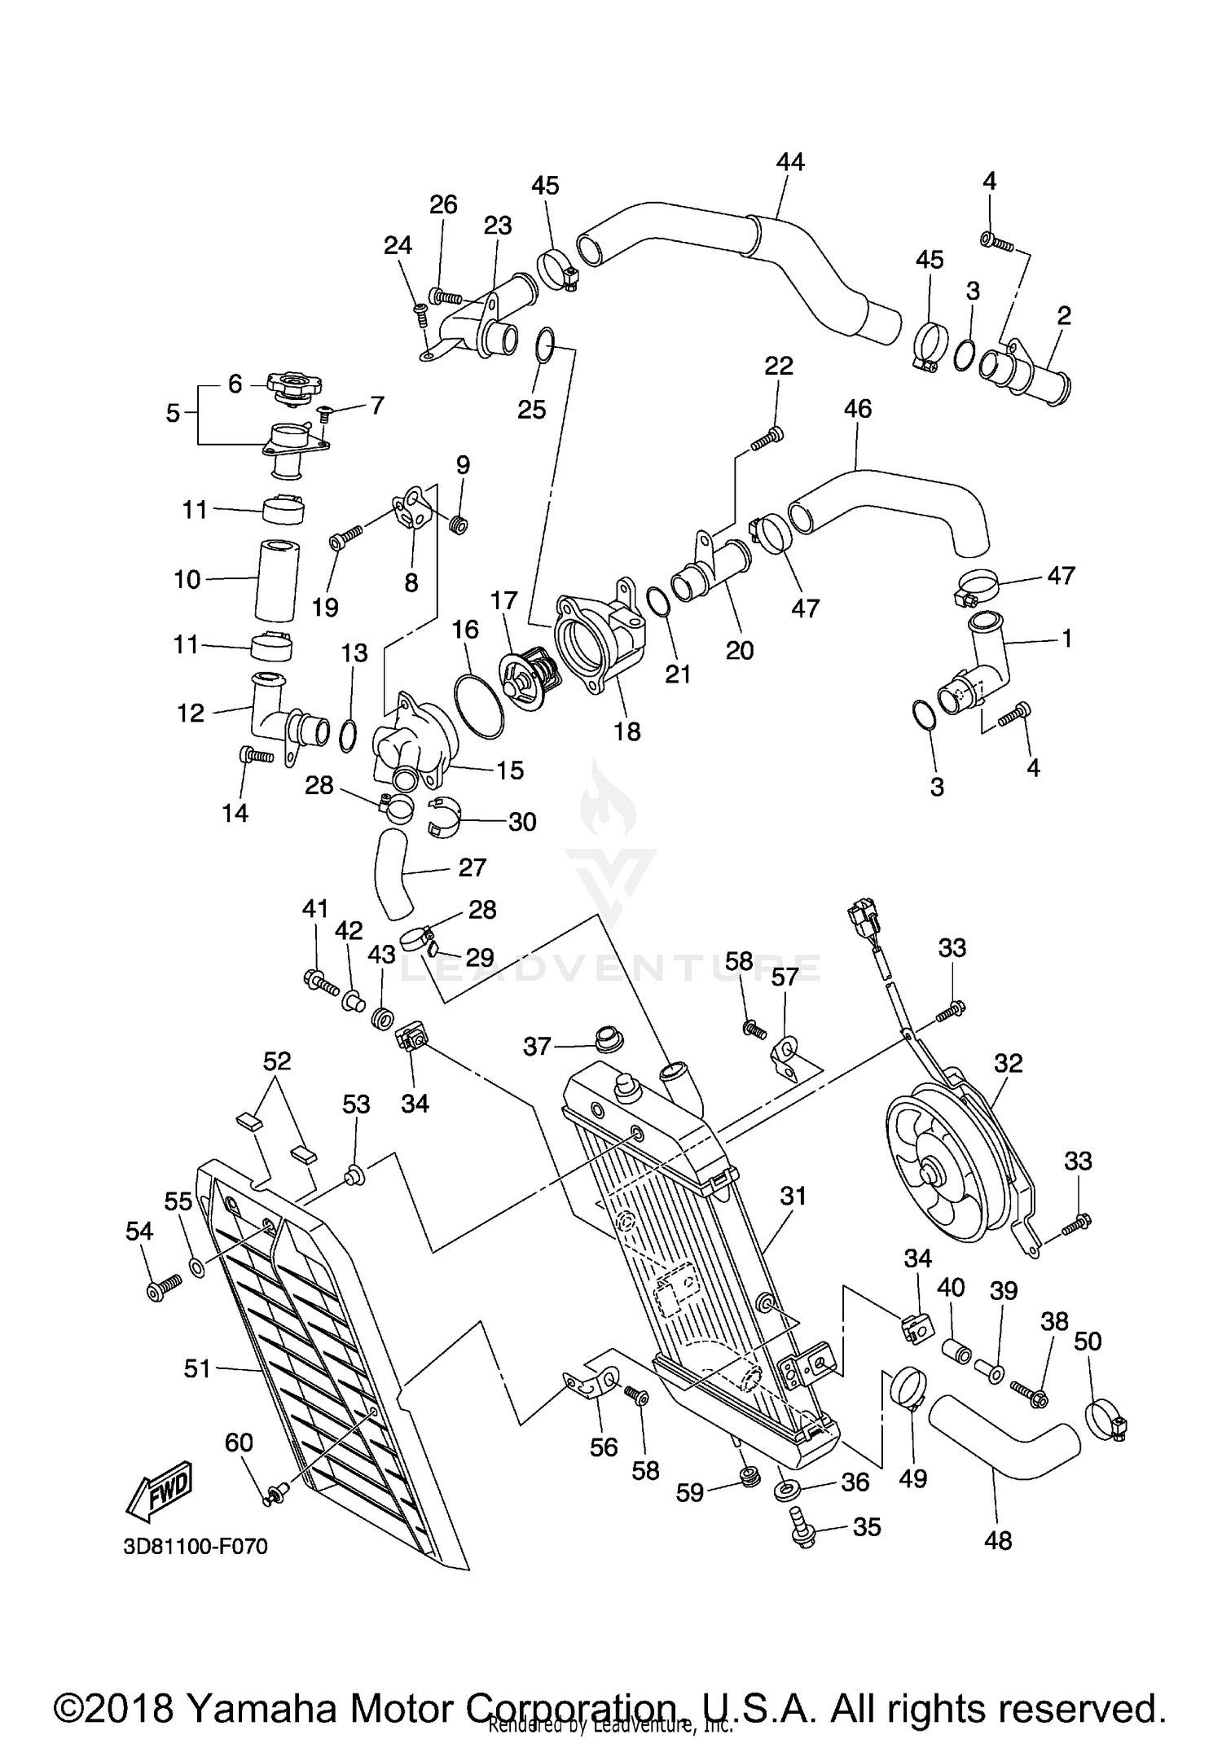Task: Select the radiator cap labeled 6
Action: point(294,387)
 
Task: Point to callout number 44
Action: point(789,162)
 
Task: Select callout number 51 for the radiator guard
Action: point(198,1368)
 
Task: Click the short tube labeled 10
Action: point(277,580)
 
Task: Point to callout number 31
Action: point(793,1196)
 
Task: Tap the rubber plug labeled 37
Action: point(607,1039)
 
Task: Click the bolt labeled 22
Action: point(767,439)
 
